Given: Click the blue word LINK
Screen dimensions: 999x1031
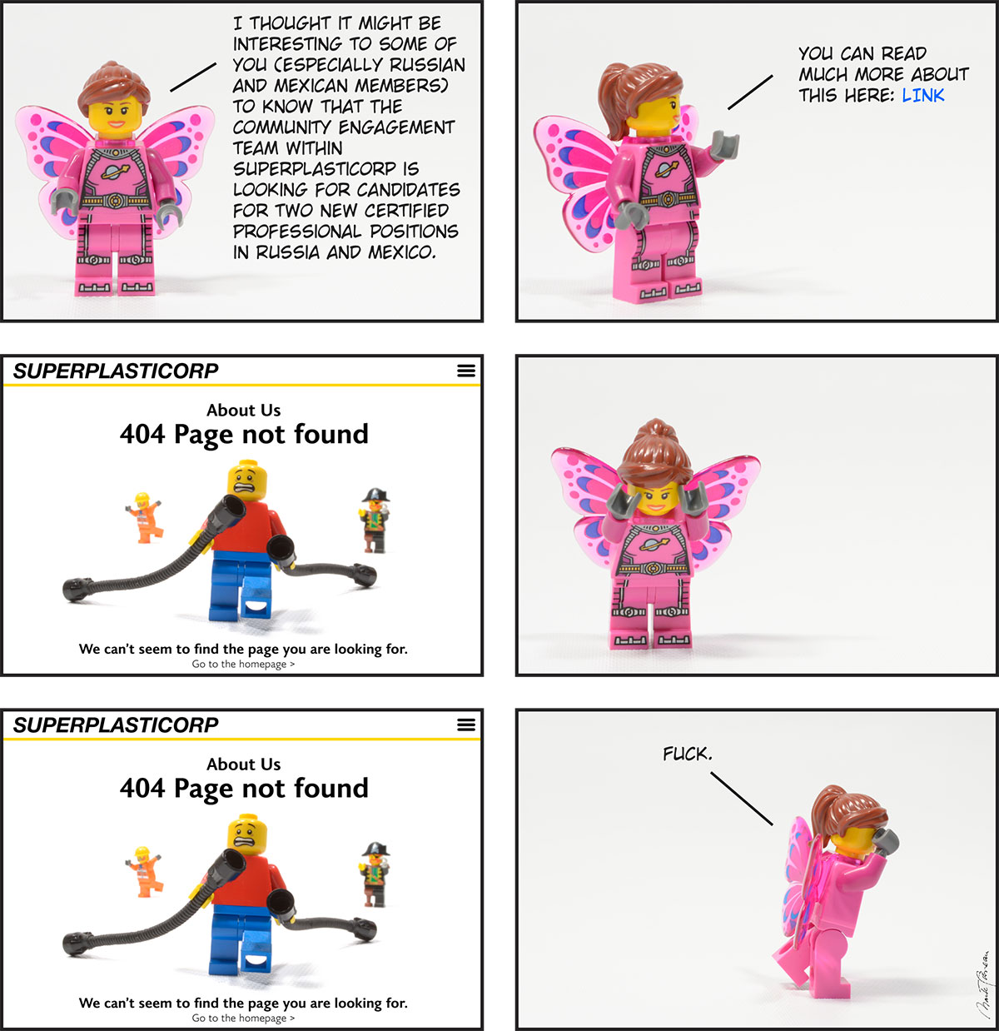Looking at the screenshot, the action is pyautogui.click(x=922, y=96).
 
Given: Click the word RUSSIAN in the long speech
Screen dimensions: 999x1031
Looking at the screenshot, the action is pyautogui.click(x=427, y=65).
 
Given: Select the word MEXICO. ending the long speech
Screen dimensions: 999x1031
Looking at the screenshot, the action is pyautogui.click(x=402, y=252).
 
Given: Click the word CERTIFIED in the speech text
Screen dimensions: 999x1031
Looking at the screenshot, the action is pyautogui.click(x=406, y=211).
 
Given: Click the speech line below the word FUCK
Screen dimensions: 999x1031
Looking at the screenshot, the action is pyautogui.click(x=742, y=799).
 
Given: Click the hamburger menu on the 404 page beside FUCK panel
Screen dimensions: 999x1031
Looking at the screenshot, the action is pyautogui.click(x=466, y=725).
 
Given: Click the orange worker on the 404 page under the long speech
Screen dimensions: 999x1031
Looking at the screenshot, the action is pyautogui.click(x=143, y=517).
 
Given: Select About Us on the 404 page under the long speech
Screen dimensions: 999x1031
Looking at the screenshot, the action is pyautogui.click(x=244, y=410).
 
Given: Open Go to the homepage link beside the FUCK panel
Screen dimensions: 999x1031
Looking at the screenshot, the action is pyautogui.click(x=243, y=1018).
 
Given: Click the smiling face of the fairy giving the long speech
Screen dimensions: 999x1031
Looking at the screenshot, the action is pyautogui.click(x=116, y=117).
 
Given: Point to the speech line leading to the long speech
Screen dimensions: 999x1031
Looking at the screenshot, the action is pyautogui.click(x=193, y=77).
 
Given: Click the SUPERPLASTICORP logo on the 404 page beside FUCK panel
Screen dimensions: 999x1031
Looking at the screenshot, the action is pyautogui.click(x=116, y=725).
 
